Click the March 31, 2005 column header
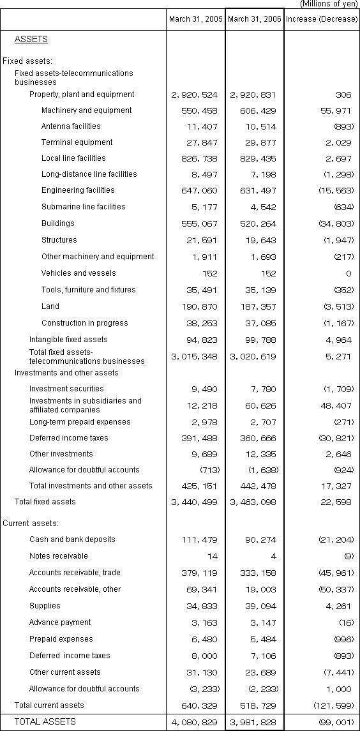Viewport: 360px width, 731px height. pyautogui.click(x=196, y=19)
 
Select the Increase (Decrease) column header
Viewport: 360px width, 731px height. pyautogui.click(x=322, y=19)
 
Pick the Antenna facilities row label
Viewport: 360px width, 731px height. pyautogui.click(x=71, y=126)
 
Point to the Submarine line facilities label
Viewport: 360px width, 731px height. pyautogui.click(x=83, y=207)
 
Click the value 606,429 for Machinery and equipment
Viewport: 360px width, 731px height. pyautogui.click(x=255, y=110)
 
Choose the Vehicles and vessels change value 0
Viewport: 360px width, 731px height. pyautogui.click(x=349, y=273)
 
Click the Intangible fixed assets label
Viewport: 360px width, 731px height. pyautogui.click(x=68, y=340)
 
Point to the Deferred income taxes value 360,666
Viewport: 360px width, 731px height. pyautogui.click(x=255, y=438)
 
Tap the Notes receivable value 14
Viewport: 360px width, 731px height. pyautogui.click(x=213, y=556)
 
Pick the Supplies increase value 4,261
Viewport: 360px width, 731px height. pyautogui.click(x=338, y=606)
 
